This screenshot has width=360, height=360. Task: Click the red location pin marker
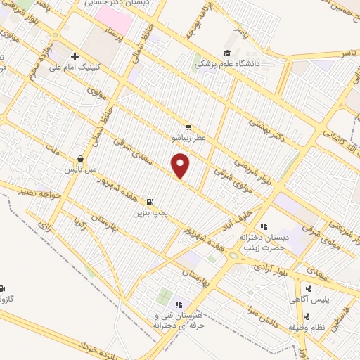pyautogui.click(x=181, y=165)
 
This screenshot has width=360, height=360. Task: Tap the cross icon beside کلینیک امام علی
pyautogui.click(x=75, y=57)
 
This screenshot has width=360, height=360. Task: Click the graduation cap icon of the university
pyautogui.click(x=226, y=53)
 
